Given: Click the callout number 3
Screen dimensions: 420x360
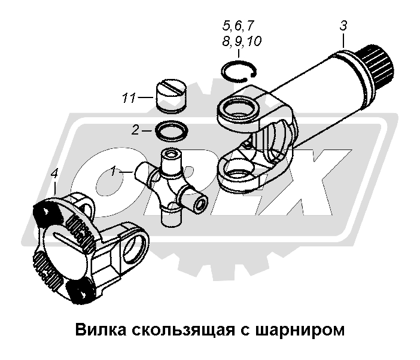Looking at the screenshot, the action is [343, 26].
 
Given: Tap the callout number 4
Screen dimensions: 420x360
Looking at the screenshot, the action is [54, 174].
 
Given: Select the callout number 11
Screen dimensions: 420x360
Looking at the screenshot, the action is [129, 98].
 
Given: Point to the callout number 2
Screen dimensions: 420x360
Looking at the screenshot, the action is [136, 130].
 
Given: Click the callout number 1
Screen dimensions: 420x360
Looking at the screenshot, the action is [114, 171].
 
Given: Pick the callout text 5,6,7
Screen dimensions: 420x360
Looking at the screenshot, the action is [238, 26].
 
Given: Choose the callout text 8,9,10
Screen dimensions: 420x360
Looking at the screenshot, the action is [242, 41].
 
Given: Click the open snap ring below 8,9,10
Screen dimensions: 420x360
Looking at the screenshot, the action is [239, 70].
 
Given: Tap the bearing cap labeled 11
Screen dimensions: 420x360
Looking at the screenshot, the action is [171, 96].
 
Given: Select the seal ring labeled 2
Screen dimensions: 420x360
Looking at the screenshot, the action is [172, 131].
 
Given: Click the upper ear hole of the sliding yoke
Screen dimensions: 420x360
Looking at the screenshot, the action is [238, 109].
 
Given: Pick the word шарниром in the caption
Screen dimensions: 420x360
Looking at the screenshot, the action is [300, 331].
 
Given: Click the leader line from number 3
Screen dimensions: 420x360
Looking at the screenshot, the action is [343, 41].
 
